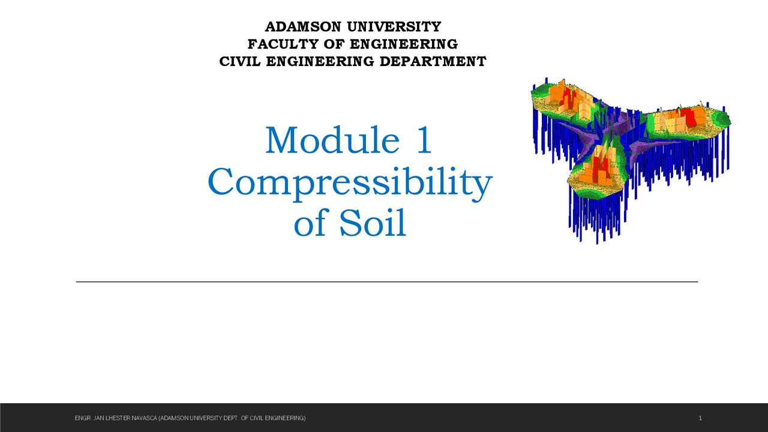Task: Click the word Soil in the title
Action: point(373,224)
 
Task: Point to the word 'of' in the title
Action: point(310,224)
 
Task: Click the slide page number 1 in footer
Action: point(700,418)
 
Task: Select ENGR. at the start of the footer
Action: point(82,418)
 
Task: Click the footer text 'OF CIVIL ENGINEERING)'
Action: point(274,418)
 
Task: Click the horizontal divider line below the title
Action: point(386,281)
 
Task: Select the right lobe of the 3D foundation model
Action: point(690,120)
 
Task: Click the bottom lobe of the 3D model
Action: point(597,171)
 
